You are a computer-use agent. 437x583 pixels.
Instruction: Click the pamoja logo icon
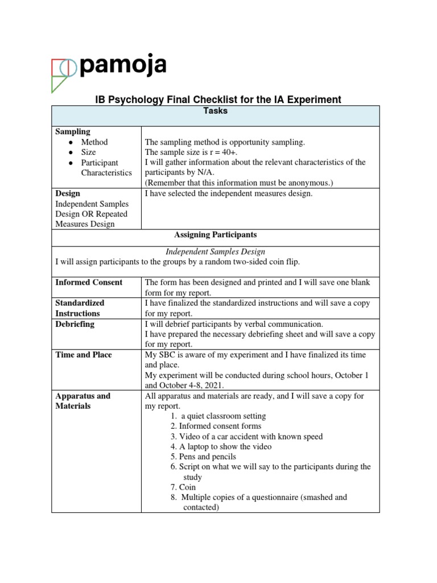[63, 74]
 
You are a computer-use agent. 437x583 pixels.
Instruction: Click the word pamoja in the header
[123, 66]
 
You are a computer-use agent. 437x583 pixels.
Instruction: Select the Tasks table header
[215, 111]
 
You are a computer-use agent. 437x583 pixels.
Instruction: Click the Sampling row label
[72, 132]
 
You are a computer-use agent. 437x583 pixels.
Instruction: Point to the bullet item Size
[88, 153]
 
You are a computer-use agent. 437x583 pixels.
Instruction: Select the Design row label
[68, 194]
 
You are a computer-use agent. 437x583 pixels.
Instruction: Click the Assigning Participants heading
[215, 235]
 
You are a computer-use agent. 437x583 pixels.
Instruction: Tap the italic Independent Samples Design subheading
[215, 251]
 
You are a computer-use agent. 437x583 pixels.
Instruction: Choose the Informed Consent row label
[89, 282]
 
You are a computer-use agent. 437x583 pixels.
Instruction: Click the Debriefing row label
[75, 324]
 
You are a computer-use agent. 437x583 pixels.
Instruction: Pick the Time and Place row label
[84, 355]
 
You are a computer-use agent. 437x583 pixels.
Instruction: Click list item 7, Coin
[187, 487]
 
